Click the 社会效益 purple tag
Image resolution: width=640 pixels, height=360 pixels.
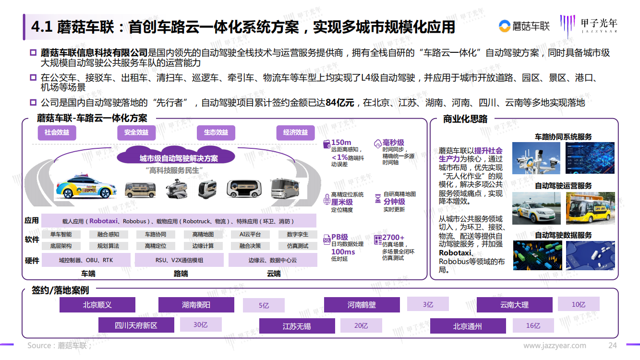(x=57, y=132)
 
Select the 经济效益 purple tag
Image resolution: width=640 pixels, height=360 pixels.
(x=295, y=132)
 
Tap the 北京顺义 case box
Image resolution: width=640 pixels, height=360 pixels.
(x=97, y=305)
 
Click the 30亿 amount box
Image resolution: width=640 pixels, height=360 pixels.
(x=201, y=324)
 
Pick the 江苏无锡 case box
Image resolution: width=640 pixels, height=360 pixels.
(x=297, y=326)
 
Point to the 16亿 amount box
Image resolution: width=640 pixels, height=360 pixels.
(x=533, y=326)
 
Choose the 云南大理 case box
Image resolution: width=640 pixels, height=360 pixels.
(x=514, y=305)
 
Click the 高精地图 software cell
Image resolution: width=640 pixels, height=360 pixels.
(x=203, y=235)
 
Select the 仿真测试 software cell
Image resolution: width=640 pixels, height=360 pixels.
(x=298, y=246)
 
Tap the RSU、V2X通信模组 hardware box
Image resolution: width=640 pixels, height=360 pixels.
(x=179, y=260)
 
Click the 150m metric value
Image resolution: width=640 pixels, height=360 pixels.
(x=341, y=142)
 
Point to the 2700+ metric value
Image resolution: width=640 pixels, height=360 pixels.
(x=393, y=238)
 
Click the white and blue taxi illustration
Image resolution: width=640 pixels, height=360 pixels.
(x=86, y=187)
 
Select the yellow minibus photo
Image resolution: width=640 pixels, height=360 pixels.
(x=590, y=208)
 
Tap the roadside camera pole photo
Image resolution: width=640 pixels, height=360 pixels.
(x=536, y=158)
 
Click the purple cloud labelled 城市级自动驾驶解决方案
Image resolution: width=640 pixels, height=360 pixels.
(x=176, y=156)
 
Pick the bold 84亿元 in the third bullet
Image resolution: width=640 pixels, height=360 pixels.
(x=340, y=103)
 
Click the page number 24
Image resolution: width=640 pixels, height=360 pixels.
(x=612, y=346)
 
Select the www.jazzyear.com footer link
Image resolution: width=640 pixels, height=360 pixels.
(x=555, y=346)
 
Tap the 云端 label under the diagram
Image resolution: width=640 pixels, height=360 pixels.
(x=274, y=274)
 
